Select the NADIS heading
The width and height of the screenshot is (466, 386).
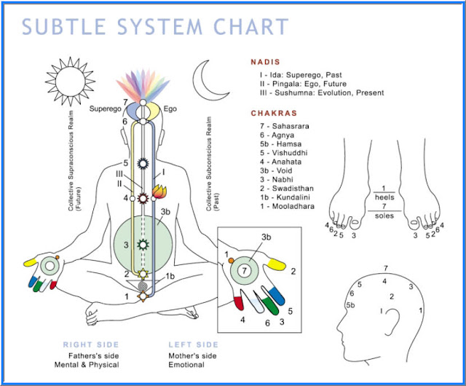266,63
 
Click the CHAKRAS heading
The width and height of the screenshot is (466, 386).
275,114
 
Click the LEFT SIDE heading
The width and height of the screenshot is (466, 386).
193,345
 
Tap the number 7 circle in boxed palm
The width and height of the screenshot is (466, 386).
247,271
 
